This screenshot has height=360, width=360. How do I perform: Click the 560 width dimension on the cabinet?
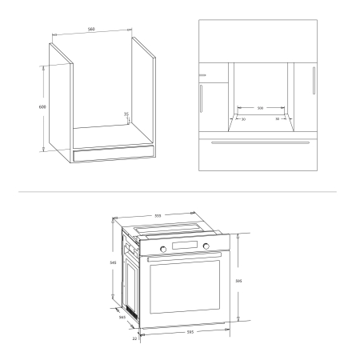[x=92, y=30]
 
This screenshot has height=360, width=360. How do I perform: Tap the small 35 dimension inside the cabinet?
[x=126, y=114]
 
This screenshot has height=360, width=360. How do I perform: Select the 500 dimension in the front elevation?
[x=261, y=107]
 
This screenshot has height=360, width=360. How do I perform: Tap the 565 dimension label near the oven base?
[x=122, y=318]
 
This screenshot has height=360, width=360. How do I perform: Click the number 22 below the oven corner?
[x=135, y=339]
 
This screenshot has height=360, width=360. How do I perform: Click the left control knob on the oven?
[x=163, y=250]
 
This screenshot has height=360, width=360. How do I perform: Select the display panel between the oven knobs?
[x=185, y=246]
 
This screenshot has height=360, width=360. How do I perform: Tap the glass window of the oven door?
[x=186, y=287]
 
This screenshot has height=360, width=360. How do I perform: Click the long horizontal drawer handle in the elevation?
[x=261, y=142]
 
